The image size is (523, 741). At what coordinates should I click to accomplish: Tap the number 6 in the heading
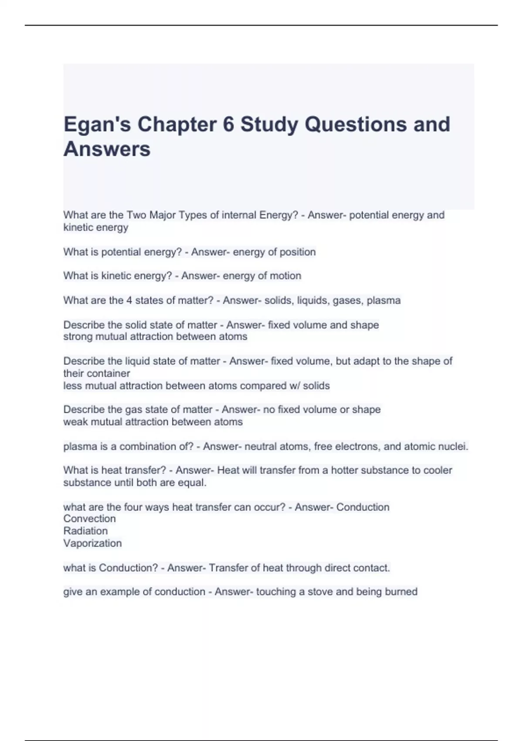click(x=228, y=124)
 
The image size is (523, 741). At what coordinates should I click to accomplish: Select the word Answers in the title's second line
click(x=107, y=149)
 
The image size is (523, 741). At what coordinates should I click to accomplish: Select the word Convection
click(x=89, y=519)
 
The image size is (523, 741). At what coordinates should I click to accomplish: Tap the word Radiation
click(x=85, y=531)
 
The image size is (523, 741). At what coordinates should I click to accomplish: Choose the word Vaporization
click(x=92, y=543)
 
